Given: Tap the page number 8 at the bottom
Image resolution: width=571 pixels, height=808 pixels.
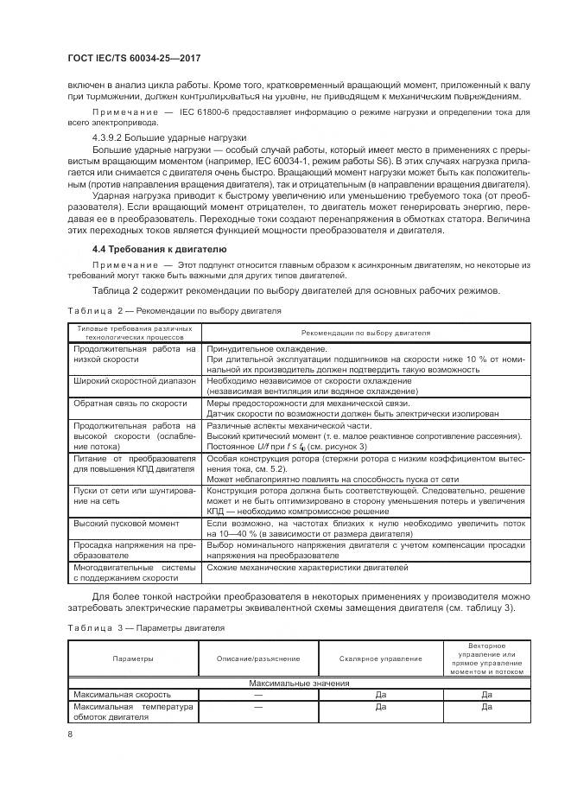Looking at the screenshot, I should [x=70, y=734].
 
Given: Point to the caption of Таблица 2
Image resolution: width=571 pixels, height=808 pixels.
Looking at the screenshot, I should [x=173, y=309].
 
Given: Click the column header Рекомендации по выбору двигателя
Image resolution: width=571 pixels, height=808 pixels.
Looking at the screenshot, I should [x=365, y=332].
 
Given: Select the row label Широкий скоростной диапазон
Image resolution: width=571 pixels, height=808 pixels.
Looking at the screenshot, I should [x=135, y=380].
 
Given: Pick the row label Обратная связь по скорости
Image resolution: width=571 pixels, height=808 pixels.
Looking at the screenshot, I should [x=130, y=403].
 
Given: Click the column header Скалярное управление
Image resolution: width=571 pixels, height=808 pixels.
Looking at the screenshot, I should [x=381, y=658].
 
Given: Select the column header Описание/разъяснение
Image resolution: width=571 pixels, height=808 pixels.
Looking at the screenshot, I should [x=258, y=658].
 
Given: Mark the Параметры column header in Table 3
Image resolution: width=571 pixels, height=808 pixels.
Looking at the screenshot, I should [x=134, y=658].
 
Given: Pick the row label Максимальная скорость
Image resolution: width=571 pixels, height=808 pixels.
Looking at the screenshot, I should [x=122, y=694].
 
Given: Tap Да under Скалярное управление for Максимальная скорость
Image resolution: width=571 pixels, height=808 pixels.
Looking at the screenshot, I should [x=381, y=694].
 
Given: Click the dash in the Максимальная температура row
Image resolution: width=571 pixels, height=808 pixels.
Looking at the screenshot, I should [x=258, y=706].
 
